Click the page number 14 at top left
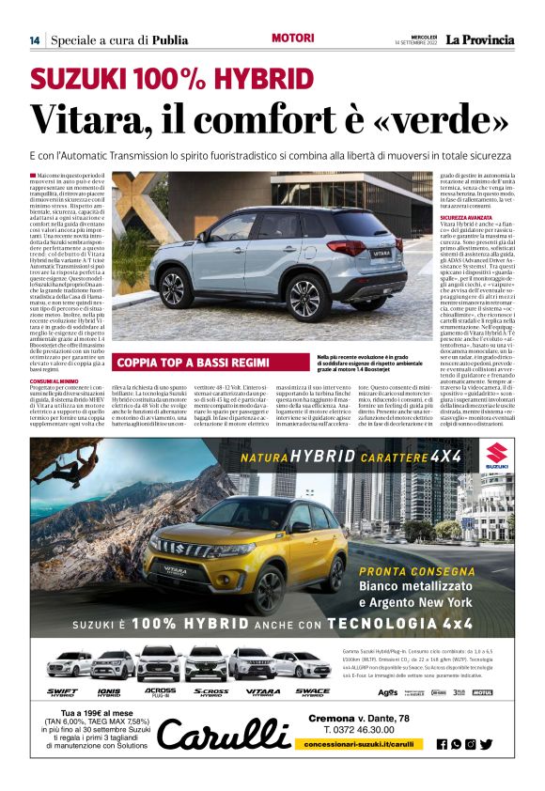(x=35, y=39)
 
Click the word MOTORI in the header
(x=291, y=39)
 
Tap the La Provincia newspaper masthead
(x=479, y=39)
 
